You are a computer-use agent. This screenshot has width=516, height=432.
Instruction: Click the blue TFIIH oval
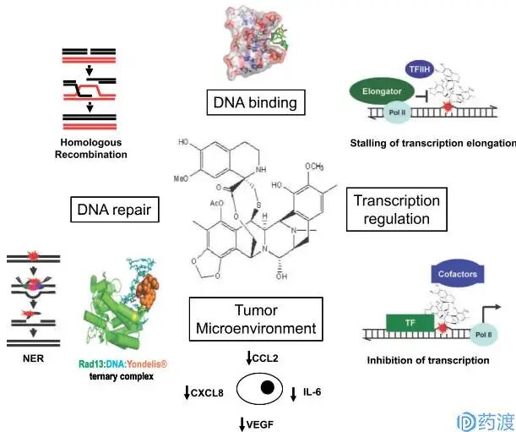(420, 69)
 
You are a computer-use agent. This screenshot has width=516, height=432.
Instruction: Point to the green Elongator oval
(382, 91)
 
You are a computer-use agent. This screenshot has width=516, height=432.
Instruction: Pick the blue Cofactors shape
(458, 274)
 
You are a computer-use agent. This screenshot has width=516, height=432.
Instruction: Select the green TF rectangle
(410, 323)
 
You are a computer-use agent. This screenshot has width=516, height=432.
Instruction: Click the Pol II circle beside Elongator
(397, 112)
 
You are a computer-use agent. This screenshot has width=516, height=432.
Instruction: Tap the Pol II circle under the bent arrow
(483, 335)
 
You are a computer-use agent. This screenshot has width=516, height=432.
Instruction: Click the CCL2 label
(265, 358)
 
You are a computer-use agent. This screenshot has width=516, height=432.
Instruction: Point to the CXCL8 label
(207, 393)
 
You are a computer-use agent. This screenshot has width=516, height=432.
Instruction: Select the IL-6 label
(312, 391)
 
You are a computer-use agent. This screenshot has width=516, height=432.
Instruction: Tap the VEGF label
(260, 424)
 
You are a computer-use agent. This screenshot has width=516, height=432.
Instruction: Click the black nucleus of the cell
(267, 387)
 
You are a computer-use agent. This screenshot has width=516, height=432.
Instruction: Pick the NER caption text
(33, 358)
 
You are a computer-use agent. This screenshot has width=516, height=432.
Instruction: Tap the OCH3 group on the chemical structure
(314, 167)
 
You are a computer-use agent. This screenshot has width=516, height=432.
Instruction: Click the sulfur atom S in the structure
(258, 205)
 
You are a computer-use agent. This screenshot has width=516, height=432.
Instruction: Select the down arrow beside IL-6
(293, 394)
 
